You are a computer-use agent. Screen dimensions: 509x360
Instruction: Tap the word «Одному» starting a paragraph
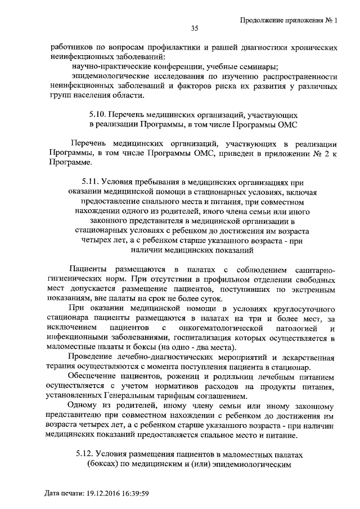(81, 406)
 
